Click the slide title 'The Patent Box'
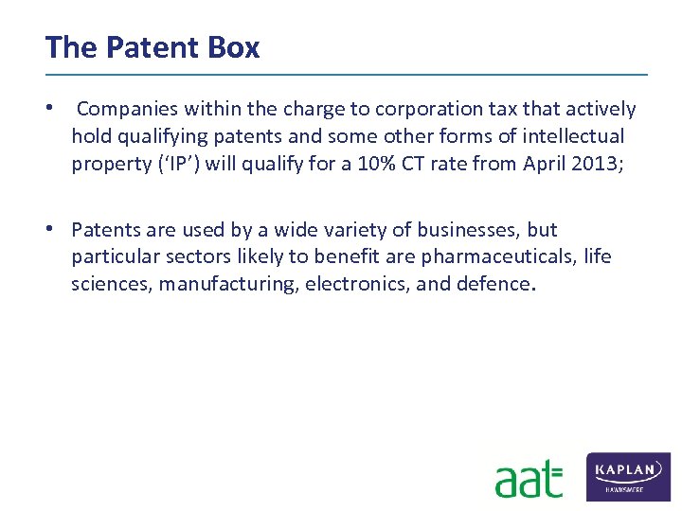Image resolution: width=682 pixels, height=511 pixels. (x=152, y=47)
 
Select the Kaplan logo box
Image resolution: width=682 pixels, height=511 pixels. (x=629, y=476)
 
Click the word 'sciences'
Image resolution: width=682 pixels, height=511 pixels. (x=110, y=283)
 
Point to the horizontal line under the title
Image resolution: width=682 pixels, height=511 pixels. (x=346, y=74)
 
